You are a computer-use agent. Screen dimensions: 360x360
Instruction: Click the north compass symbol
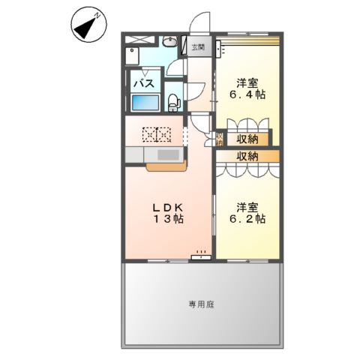coord(88,26)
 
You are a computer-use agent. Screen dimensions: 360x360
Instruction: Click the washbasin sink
coord(169,43)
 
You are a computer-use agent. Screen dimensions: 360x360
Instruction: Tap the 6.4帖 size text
coord(248,96)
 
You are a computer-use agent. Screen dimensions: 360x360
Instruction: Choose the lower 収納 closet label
coord(248,156)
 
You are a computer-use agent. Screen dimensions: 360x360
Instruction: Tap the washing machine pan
coord(134,53)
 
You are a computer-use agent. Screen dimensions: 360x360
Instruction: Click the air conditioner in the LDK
coord(200,255)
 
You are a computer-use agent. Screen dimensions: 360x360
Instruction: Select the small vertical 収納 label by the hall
coord(220,139)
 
